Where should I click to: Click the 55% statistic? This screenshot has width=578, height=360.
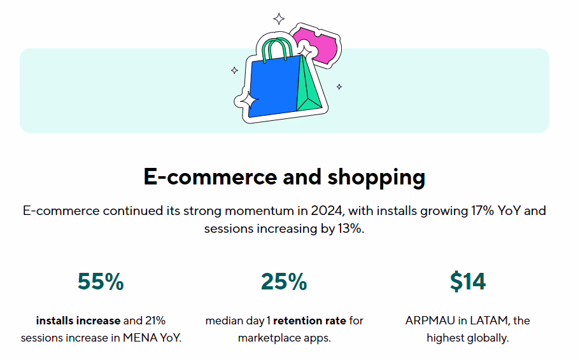click(101, 282)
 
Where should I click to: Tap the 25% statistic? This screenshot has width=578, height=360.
click(284, 282)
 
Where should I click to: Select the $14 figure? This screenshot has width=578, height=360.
click(467, 282)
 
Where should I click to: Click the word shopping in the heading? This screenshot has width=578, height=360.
click(376, 177)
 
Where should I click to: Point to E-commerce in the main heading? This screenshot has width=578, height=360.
click(210, 177)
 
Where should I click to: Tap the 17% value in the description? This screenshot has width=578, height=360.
click(483, 211)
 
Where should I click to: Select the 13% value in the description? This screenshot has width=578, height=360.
click(349, 228)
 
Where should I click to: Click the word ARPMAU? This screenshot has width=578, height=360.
click(430, 321)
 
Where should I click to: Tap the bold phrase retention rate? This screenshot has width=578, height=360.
click(309, 321)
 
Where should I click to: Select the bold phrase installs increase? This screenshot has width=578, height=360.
click(78, 321)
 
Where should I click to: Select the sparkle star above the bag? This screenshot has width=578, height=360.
click(279, 18)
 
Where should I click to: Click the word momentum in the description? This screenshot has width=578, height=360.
click(260, 211)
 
